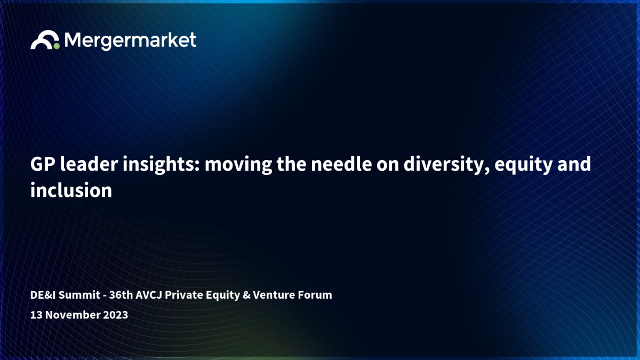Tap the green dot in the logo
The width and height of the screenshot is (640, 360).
coord(57,46)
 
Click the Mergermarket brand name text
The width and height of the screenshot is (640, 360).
coord(130,41)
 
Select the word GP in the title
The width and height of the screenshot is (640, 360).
coord(43,164)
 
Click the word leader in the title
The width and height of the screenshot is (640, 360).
coord(89,164)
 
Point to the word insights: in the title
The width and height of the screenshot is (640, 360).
coord(161,165)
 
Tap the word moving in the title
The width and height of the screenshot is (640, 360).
coord(238,165)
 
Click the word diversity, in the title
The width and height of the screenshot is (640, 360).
coord(446,165)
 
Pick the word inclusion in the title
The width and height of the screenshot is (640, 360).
coord(71,190)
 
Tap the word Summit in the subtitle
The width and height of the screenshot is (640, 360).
coord(79,295)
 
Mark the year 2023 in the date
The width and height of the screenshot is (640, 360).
coord(115,315)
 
